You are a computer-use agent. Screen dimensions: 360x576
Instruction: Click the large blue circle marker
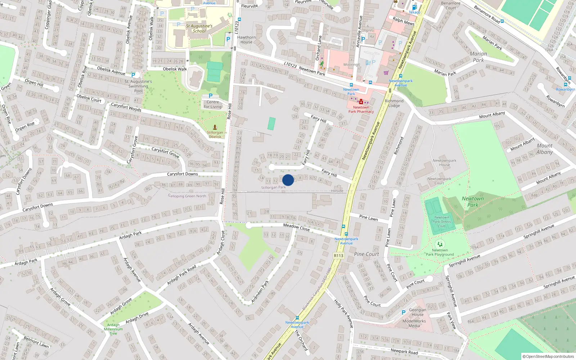point(288,180)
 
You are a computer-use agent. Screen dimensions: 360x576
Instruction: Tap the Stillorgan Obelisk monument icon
point(215,127)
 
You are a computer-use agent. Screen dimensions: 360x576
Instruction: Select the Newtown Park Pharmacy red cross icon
point(361,102)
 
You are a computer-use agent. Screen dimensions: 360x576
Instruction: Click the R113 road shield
point(338,256)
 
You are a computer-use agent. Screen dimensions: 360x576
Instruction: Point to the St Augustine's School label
point(199,28)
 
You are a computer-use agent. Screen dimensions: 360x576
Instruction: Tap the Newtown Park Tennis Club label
point(442,222)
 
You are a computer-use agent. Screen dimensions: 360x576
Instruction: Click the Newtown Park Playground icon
point(440,244)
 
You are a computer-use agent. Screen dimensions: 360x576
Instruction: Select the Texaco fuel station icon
point(414,7)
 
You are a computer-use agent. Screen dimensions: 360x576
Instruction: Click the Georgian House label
point(418,312)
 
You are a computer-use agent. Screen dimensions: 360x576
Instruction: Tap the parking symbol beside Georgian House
point(403,312)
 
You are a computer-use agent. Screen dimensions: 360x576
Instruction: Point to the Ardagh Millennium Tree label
point(113,329)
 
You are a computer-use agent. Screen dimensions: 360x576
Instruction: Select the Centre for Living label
point(213,104)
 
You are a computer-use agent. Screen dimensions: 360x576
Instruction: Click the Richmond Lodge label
point(394,103)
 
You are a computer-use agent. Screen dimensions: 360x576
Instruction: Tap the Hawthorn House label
point(246,40)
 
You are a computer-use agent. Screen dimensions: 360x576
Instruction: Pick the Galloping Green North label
point(187,196)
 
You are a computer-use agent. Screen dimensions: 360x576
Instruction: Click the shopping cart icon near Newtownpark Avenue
point(386,73)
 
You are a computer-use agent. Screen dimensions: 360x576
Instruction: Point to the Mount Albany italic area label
point(544,149)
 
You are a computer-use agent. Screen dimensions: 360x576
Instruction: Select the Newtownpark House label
point(444,163)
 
